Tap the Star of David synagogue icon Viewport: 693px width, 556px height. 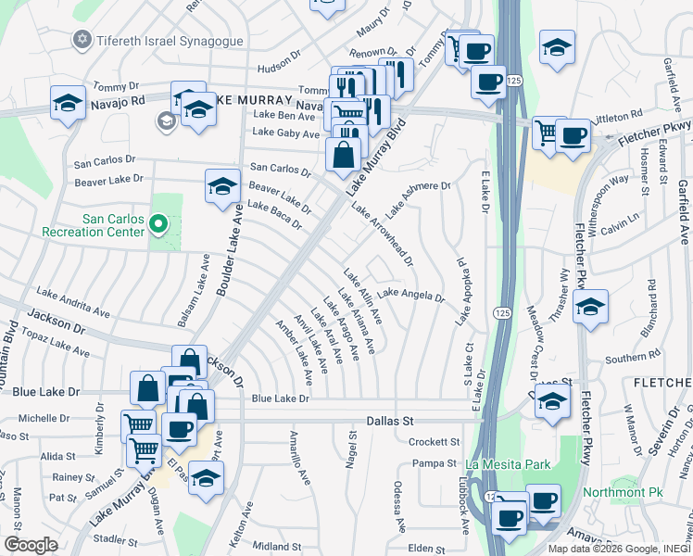coord(82,40)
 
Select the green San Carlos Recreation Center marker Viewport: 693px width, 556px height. coord(158,222)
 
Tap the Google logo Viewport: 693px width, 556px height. coord(31,545)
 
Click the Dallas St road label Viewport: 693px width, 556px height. coord(388,421)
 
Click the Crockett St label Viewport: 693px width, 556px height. coord(435,442)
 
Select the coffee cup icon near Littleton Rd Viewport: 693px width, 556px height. coord(573,137)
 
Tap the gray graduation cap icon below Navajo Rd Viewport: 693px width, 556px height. coord(166,120)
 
